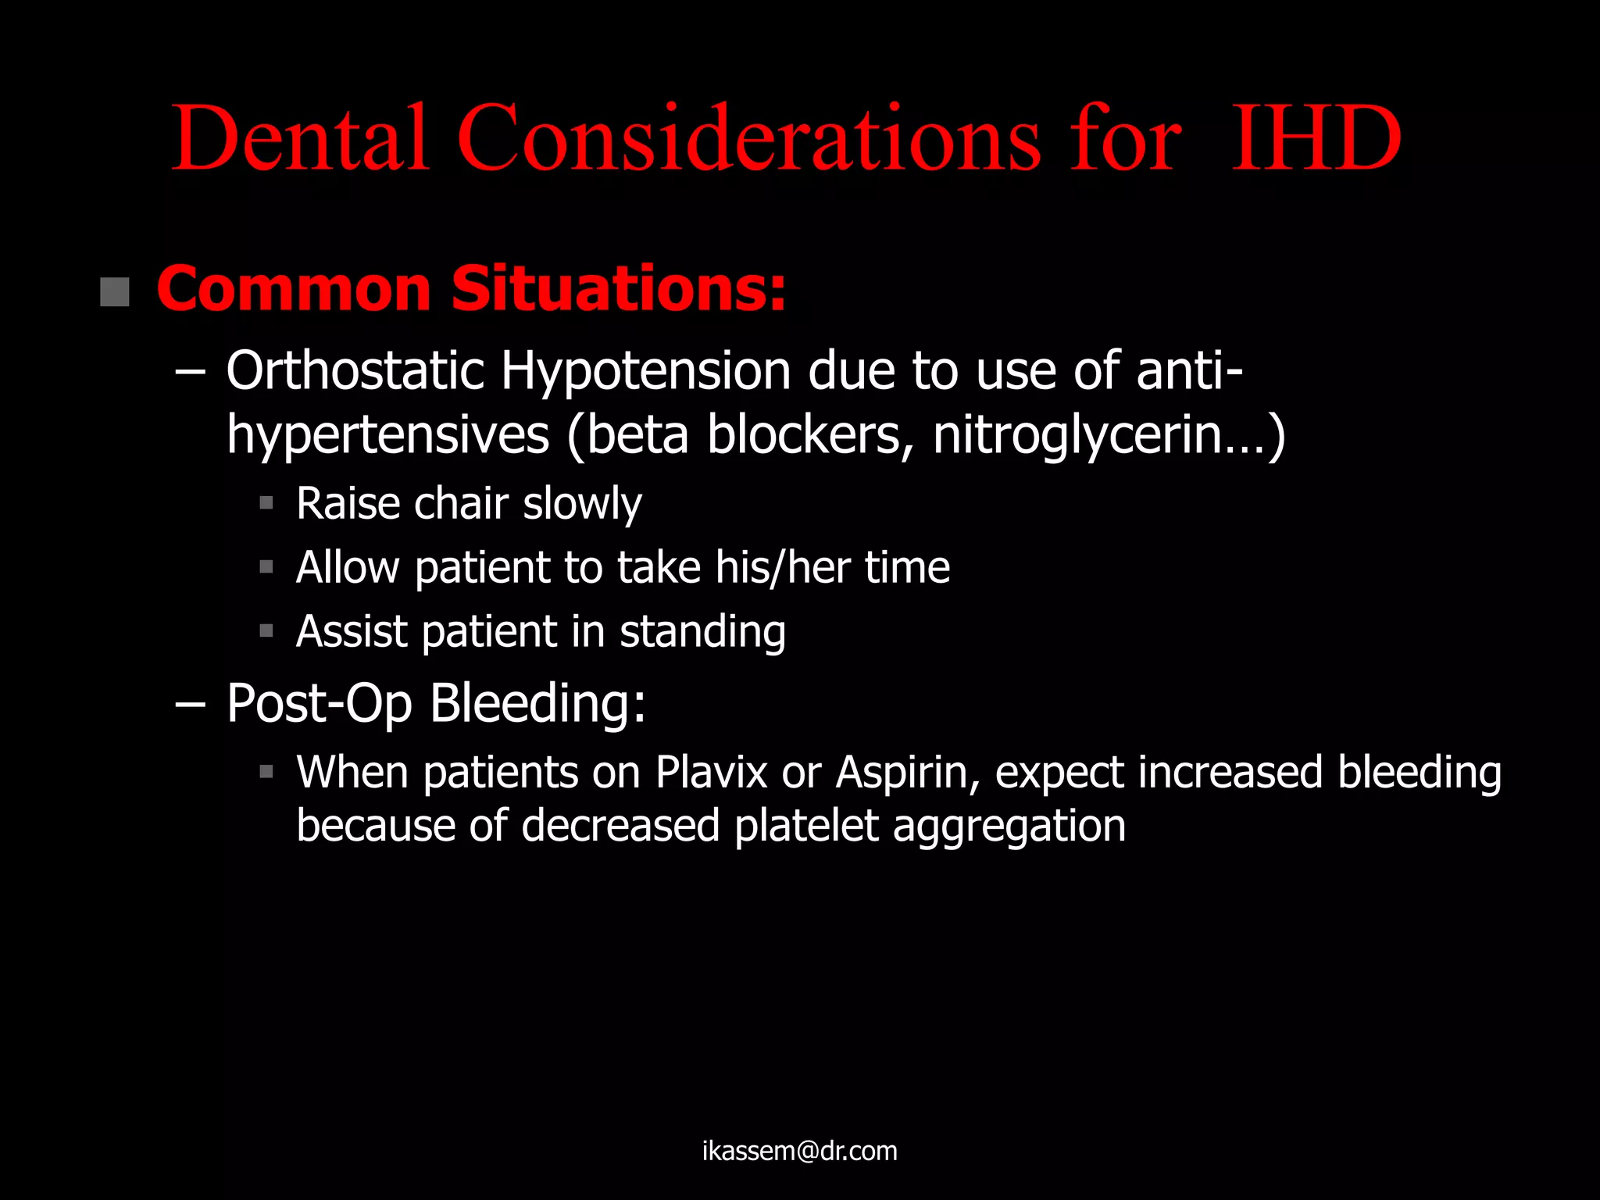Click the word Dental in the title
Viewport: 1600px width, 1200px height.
click(x=300, y=139)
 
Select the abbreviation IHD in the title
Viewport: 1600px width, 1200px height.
click(x=1316, y=139)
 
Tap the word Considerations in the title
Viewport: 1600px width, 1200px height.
click(x=748, y=139)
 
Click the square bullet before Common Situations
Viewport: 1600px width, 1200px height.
click(x=115, y=292)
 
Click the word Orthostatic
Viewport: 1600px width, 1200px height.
click(x=355, y=370)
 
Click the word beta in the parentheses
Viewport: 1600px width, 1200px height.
click(x=637, y=435)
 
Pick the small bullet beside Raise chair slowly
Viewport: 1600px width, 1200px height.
click(x=266, y=503)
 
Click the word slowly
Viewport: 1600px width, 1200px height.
click(x=582, y=504)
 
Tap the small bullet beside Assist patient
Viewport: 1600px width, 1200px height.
click(x=266, y=630)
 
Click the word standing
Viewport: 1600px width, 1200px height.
click(x=702, y=632)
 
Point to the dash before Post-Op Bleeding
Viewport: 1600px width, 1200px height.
click(x=190, y=704)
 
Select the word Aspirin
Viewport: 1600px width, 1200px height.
click(x=906, y=773)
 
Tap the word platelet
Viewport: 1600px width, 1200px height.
click(x=805, y=826)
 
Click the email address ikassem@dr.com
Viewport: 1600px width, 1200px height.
click(x=799, y=1151)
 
